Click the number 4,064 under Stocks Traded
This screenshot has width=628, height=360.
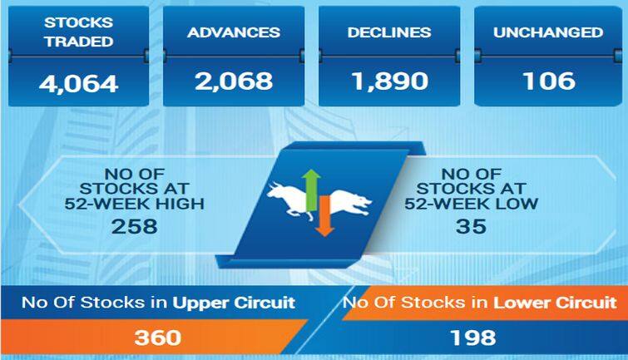click(78, 84)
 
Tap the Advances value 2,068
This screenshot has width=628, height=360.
click(233, 81)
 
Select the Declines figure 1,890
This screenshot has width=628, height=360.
click(390, 81)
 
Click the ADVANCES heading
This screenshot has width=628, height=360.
click(233, 33)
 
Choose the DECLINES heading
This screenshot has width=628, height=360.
click(390, 33)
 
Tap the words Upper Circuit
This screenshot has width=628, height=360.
click(234, 302)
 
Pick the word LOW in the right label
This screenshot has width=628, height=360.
click(520, 203)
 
